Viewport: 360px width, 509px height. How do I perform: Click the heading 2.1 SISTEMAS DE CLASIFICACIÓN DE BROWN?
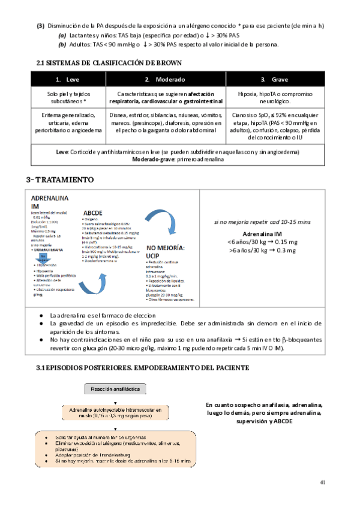pos(109,63)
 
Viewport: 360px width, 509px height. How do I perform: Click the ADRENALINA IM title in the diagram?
pos(49,202)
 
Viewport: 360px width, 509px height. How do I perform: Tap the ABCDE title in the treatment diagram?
pos(95,212)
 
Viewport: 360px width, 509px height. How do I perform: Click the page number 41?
pos(323,482)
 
